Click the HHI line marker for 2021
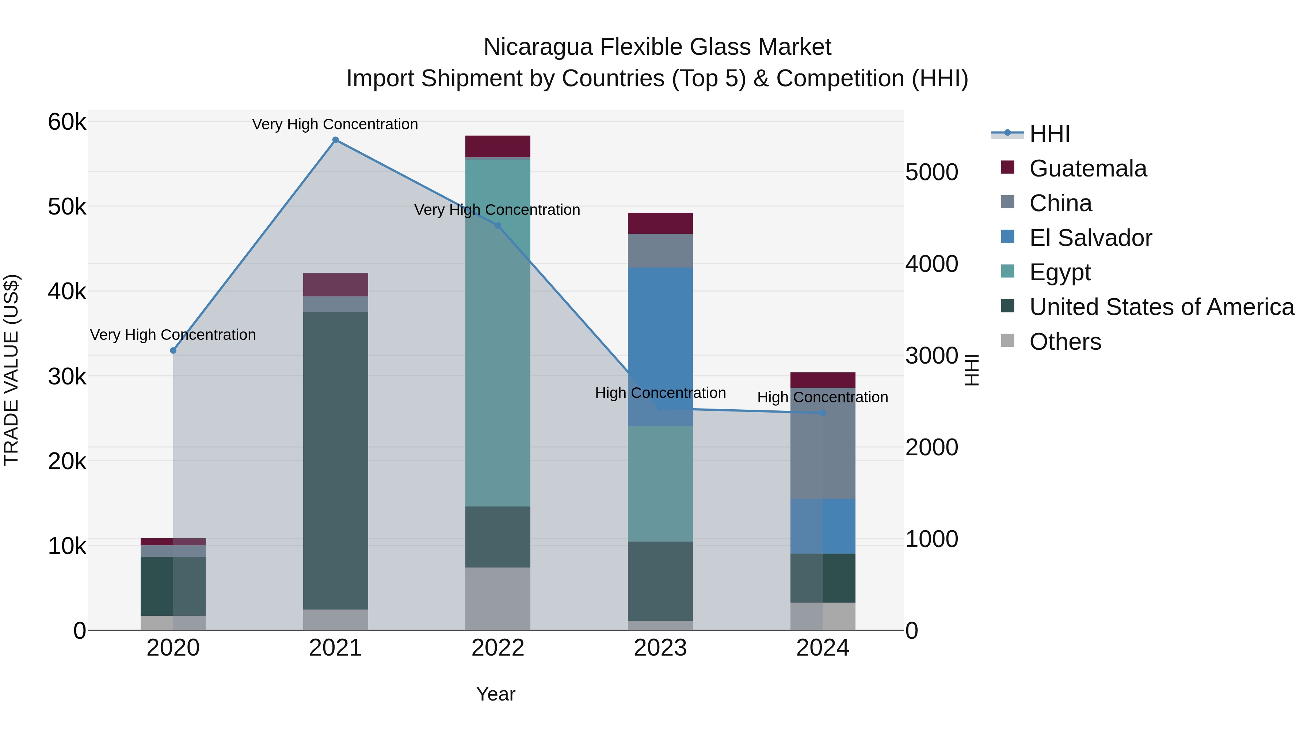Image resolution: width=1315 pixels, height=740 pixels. tap(335, 140)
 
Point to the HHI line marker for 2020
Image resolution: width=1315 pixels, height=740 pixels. tap(173, 350)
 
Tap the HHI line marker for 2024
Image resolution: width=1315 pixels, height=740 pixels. tap(822, 413)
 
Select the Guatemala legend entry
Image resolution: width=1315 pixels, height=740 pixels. tap(1087, 168)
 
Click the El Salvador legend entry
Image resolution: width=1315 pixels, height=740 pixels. tap(1090, 238)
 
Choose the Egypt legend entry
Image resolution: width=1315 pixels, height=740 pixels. tap(1059, 272)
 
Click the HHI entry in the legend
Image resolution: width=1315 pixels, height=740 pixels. tap(1049, 134)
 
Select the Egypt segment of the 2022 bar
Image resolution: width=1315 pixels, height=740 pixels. tap(498, 332)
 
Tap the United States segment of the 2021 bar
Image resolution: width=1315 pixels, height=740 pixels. tap(335, 460)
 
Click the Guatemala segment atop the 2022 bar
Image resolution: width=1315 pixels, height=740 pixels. tap(498, 146)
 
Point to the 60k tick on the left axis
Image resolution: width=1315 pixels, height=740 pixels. tap(67, 122)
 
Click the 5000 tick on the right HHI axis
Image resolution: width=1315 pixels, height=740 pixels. tap(931, 172)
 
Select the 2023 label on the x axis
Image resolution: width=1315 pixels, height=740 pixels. tap(660, 648)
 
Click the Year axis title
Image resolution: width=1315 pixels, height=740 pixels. tap(495, 694)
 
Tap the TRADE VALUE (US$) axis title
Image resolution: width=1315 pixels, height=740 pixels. tap(11, 370)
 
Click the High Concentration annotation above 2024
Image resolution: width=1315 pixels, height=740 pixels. tap(822, 397)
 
